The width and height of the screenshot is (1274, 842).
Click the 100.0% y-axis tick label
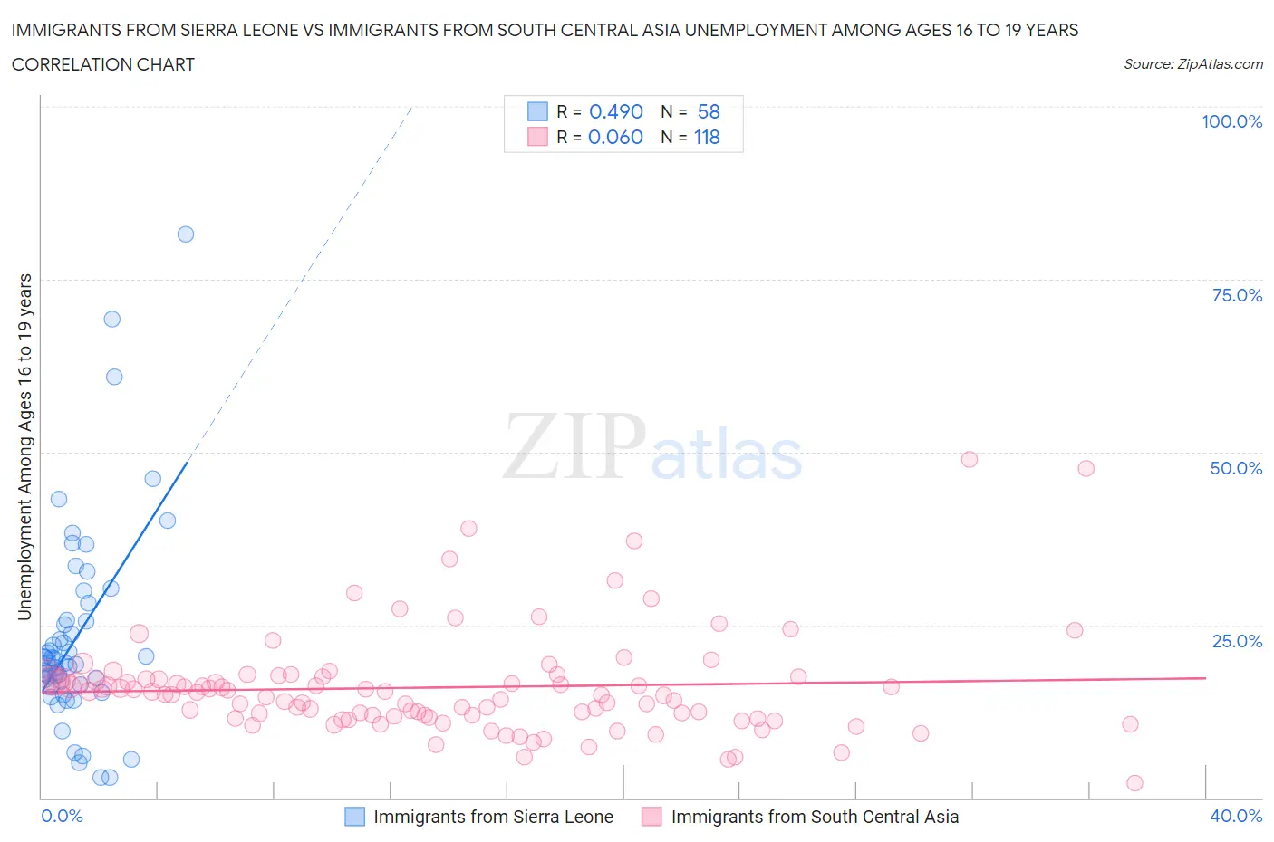point(1231,122)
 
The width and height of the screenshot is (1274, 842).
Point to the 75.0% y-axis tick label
point(1237,296)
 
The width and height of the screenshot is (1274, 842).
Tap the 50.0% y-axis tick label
point(1236,469)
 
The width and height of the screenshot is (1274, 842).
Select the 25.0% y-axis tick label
point(1237,642)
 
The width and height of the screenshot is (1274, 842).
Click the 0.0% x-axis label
point(62,817)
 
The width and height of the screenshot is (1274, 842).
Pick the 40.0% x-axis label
point(1236,817)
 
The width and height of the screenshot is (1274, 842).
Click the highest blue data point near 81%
point(186,234)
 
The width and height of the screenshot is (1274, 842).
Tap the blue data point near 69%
point(112,319)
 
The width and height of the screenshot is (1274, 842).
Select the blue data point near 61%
point(114,378)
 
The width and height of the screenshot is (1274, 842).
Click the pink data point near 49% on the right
point(970,459)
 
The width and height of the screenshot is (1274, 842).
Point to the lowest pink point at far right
point(1134,783)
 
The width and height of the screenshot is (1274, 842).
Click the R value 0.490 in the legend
point(615,111)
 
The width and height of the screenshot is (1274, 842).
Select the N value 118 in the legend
point(707,138)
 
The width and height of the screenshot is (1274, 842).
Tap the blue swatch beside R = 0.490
point(537,111)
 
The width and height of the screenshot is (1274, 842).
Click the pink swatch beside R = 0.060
point(537,138)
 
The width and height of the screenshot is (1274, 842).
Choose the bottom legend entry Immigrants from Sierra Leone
point(492,817)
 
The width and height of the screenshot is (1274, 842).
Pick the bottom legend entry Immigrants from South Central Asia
point(814,817)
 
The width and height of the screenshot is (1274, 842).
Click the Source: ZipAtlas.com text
point(1192,64)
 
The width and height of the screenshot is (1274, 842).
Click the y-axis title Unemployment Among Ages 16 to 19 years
point(25,447)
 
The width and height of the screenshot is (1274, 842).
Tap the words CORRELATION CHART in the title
point(103,64)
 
